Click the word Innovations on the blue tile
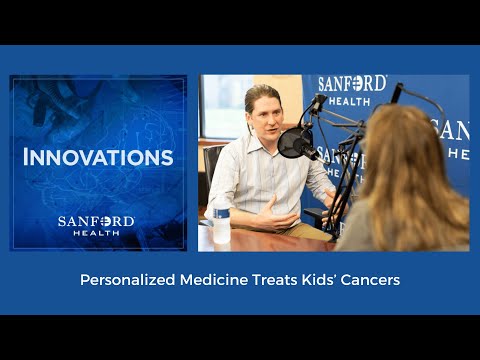click(98, 158)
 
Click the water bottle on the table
click(221, 222)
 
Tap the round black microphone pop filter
click(295, 144)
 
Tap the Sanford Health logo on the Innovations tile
click(98, 225)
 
